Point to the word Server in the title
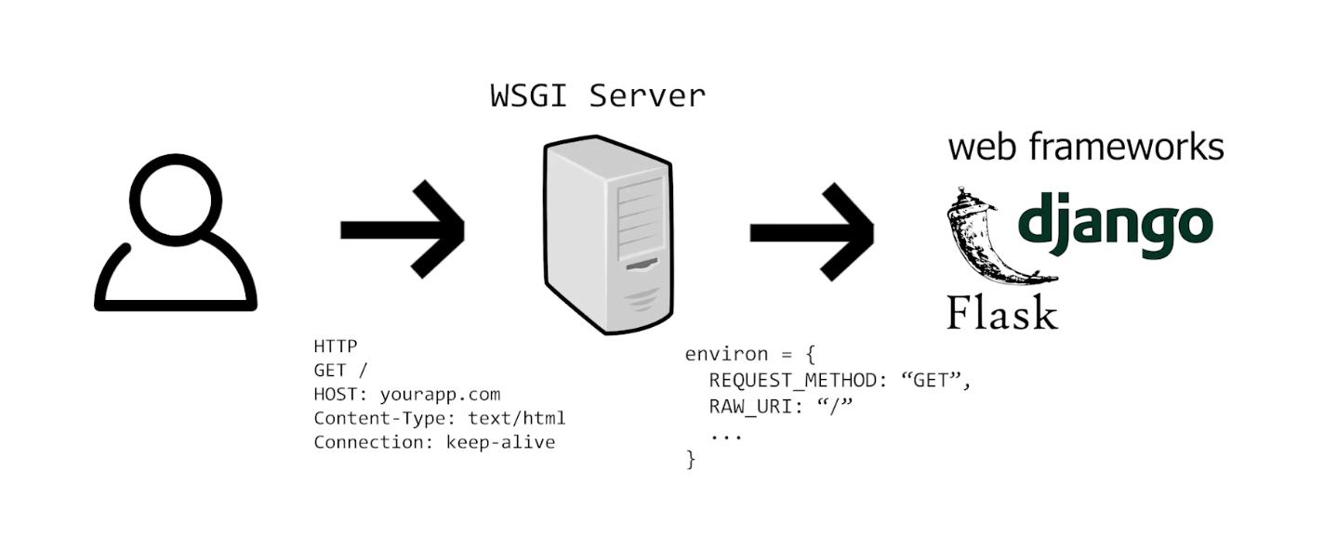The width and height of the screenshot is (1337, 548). (x=647, y=96)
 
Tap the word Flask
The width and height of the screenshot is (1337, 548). (x=1002, y=313)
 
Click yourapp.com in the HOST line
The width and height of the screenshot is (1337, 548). (x=441, y=394)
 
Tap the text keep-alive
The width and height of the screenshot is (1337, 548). (x=500, y=442)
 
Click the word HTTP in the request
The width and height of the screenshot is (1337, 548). (x=336, y=346)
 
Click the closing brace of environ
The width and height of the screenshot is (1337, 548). (x=690, y=459)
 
